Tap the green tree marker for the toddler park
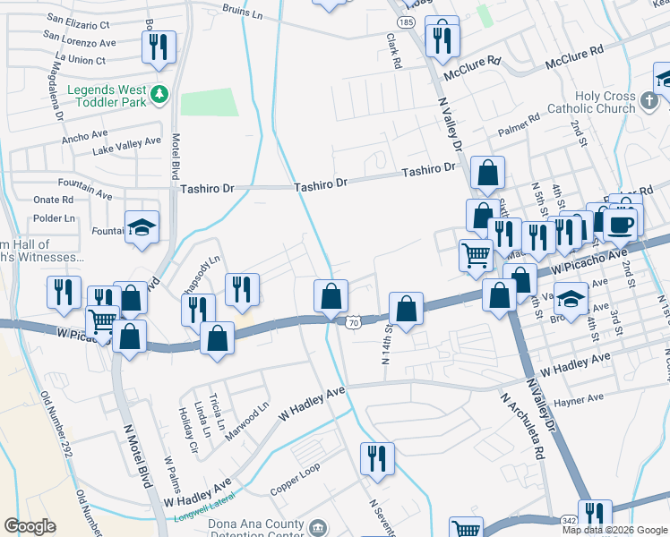pos(159,93)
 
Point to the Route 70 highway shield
pos(354,322)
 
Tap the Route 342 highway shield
pos(571,520)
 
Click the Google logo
pos(30,526)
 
